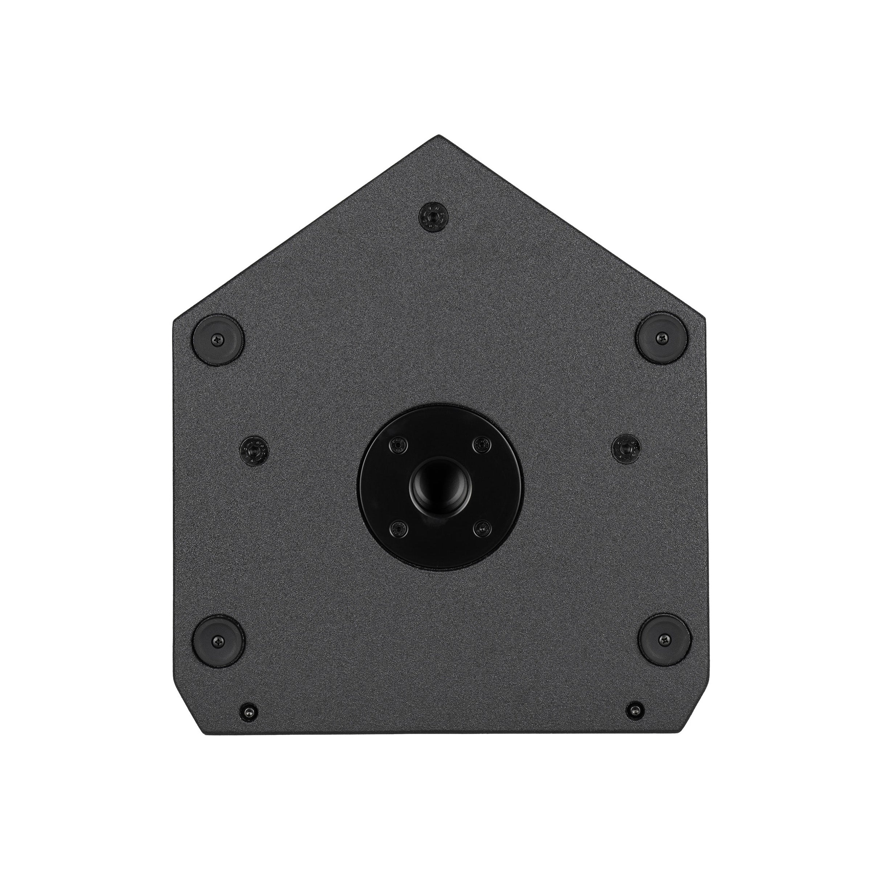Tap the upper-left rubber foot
218,338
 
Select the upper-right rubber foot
662,337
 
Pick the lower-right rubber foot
665,639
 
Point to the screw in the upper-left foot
218,338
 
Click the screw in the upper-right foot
662,337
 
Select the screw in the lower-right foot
665,639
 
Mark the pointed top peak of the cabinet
438,136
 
